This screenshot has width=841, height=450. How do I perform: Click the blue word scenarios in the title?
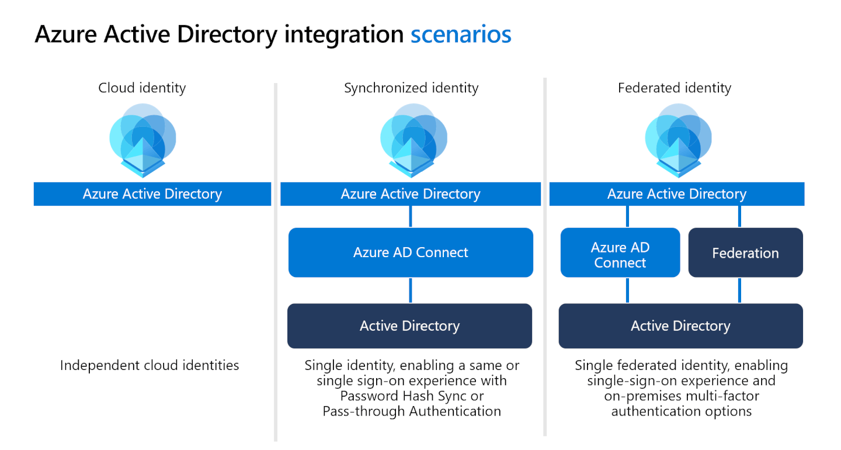click(x=461, y=34)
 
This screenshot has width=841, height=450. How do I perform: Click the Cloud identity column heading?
click(x=142, y=88)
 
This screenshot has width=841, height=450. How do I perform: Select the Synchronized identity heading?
click(x=411, y=88)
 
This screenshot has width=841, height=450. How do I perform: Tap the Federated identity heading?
click(x=675, y=88)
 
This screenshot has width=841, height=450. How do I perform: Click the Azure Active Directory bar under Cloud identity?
click(x=152, y=194)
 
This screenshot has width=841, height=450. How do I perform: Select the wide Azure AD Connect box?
click(x=411, y=252)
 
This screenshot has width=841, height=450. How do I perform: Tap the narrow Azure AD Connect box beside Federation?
click(x=620, y=255)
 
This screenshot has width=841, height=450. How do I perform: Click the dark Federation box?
click(x=745, y=253)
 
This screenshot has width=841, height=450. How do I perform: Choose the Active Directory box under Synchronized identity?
click(x=409, y=326)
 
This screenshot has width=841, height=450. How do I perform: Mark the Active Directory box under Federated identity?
click(x=680, y=326)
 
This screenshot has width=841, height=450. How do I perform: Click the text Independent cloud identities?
click(x=150, y=366)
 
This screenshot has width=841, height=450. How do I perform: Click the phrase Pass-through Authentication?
click(x=412, y=411)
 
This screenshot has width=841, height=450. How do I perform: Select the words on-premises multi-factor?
click(x=682, y=396)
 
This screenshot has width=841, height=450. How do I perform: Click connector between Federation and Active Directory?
click(x=740, y=290)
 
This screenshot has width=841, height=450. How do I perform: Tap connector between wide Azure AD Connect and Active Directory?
click(x=411, y=290)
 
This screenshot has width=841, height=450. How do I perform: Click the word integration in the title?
click(x=344, y=34)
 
